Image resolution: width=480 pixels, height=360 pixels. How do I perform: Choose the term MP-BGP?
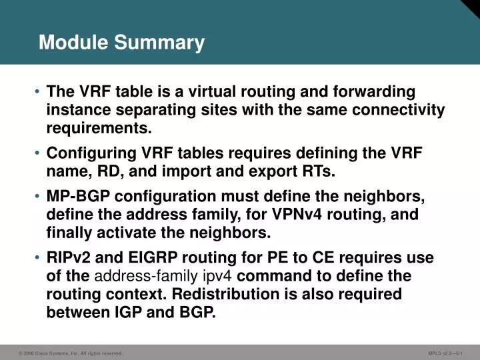74,197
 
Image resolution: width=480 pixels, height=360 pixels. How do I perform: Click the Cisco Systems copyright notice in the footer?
71,353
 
